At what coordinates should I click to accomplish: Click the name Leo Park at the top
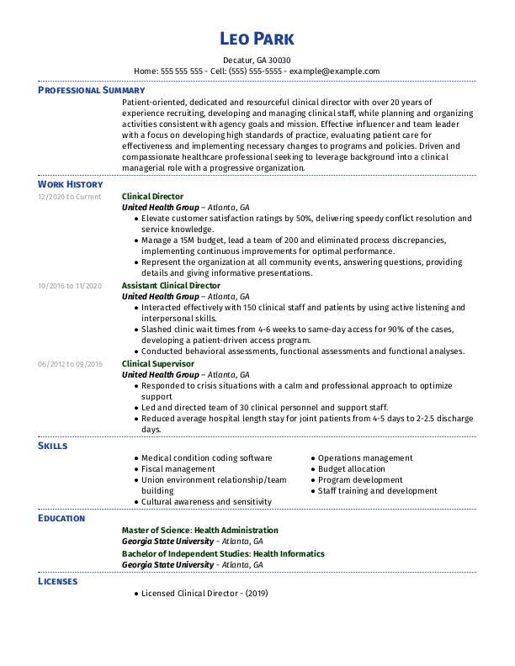click(x=257, y=39)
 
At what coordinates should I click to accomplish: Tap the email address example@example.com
click(x=335, y=71)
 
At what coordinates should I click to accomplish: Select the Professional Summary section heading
click(x=91, y=90)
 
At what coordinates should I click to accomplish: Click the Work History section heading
click(x=71, y=184)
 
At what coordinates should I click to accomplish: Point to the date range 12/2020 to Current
click(x=69, y=197)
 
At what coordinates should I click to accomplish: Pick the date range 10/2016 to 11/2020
click(x=69, y=286)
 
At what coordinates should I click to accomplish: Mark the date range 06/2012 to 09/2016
click(x=69, y=364)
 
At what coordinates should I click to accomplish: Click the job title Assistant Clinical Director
click(x=171, y=286)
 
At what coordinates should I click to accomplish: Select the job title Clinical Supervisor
click(x=158, y=364)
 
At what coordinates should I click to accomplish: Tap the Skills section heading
click(x=52, y=446)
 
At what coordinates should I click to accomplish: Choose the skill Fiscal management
click(x=178, y=469)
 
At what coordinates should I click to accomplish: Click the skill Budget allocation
click(x=352, y=469)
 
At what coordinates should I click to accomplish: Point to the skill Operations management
click(x=364, y=458)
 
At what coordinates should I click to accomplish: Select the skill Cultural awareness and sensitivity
click(x=206, y=502)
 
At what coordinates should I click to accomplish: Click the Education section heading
click(x=61, y=518)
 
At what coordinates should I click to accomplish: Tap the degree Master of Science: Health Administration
click(x=199, y=531)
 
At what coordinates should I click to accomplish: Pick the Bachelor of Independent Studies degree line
click(x=223, y=554)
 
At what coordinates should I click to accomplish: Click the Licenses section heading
click(x=57, y=581)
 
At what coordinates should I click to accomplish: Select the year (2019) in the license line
click(x=257, y=594)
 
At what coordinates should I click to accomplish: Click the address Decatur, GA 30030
click(x=257, y=61)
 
